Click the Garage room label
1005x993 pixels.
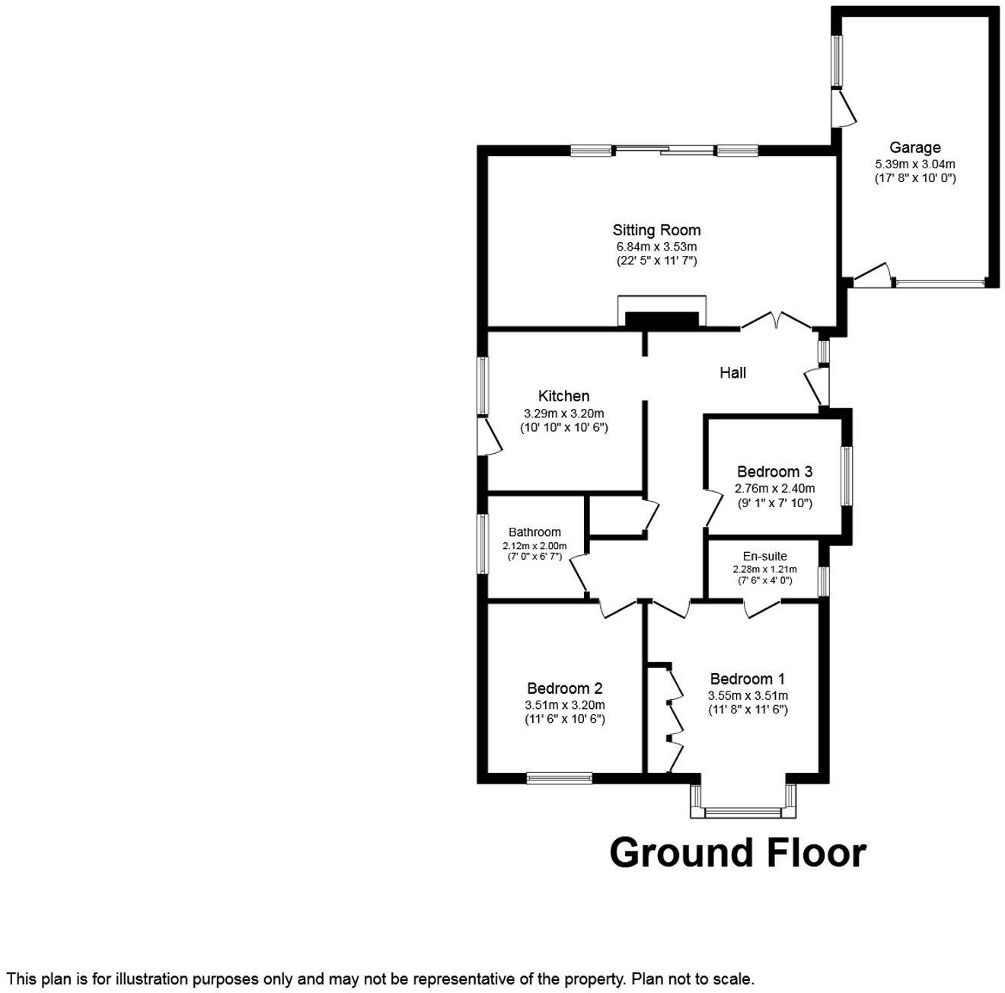[914, 148]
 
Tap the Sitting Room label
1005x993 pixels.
[656, 230]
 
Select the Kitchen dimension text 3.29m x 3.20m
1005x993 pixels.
[563, 413]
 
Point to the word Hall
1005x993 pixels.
[732, 372]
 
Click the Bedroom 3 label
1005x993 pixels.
[774, 471]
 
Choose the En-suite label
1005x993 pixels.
[764, 556]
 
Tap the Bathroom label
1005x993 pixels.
[534, 532]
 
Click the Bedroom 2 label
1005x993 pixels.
[564, 688]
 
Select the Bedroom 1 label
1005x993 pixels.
[747, 678]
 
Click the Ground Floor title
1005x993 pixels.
[737, 853]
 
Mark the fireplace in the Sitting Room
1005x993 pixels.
[662, 318]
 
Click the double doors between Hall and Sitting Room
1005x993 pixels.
[775, 321]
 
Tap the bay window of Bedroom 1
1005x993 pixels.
[742, 812]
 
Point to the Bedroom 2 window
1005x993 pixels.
[559, 778]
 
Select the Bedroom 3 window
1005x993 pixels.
[847, 476]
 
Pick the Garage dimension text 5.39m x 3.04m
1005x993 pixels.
[914, 164]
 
